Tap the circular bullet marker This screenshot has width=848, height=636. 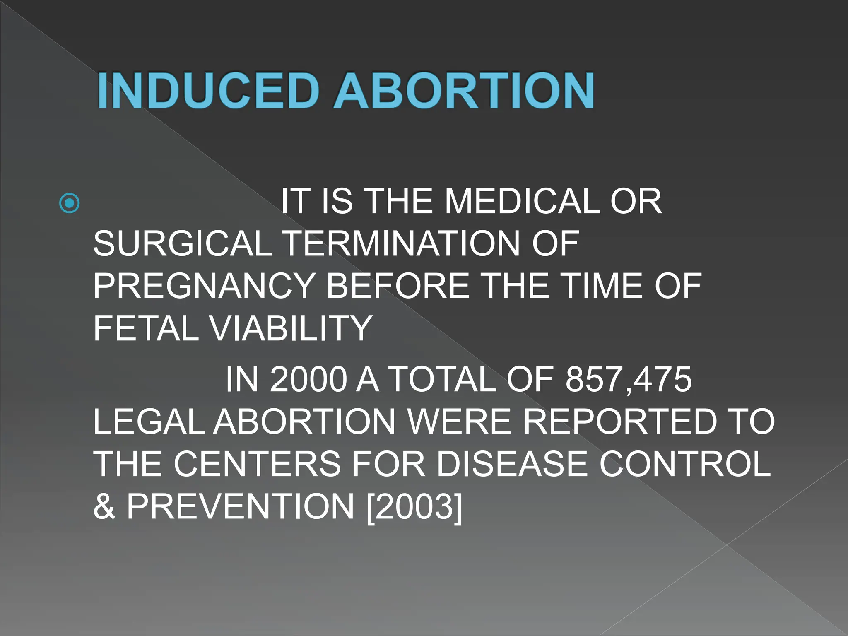pos(70,203)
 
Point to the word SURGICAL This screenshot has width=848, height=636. pos(183,244)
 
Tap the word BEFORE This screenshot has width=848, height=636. pos(398,286)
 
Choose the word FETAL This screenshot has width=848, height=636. pos(146,328)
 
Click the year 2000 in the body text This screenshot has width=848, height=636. pos(308,380)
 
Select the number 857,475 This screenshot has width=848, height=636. pos(629,380)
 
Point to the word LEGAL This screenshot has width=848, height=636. pos(149,422)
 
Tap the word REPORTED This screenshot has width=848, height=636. pos(619,422)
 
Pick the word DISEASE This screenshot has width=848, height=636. pos(512,464)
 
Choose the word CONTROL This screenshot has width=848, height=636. pos(685,464)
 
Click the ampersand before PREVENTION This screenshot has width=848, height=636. pos(104,506)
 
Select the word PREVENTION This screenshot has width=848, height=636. pos(241,506)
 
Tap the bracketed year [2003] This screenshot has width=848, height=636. pos(414,506)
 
